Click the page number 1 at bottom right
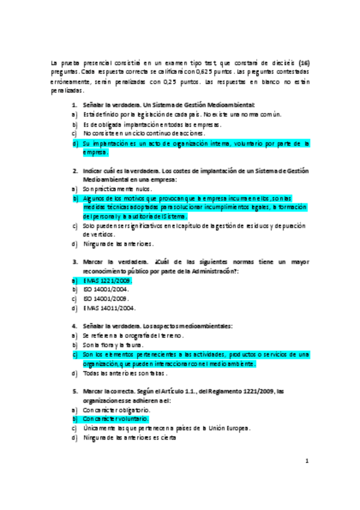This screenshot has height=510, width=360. pos(307,462)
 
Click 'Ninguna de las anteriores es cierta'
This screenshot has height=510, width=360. pos(130,438)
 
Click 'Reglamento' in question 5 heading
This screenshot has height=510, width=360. pos(225,391)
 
